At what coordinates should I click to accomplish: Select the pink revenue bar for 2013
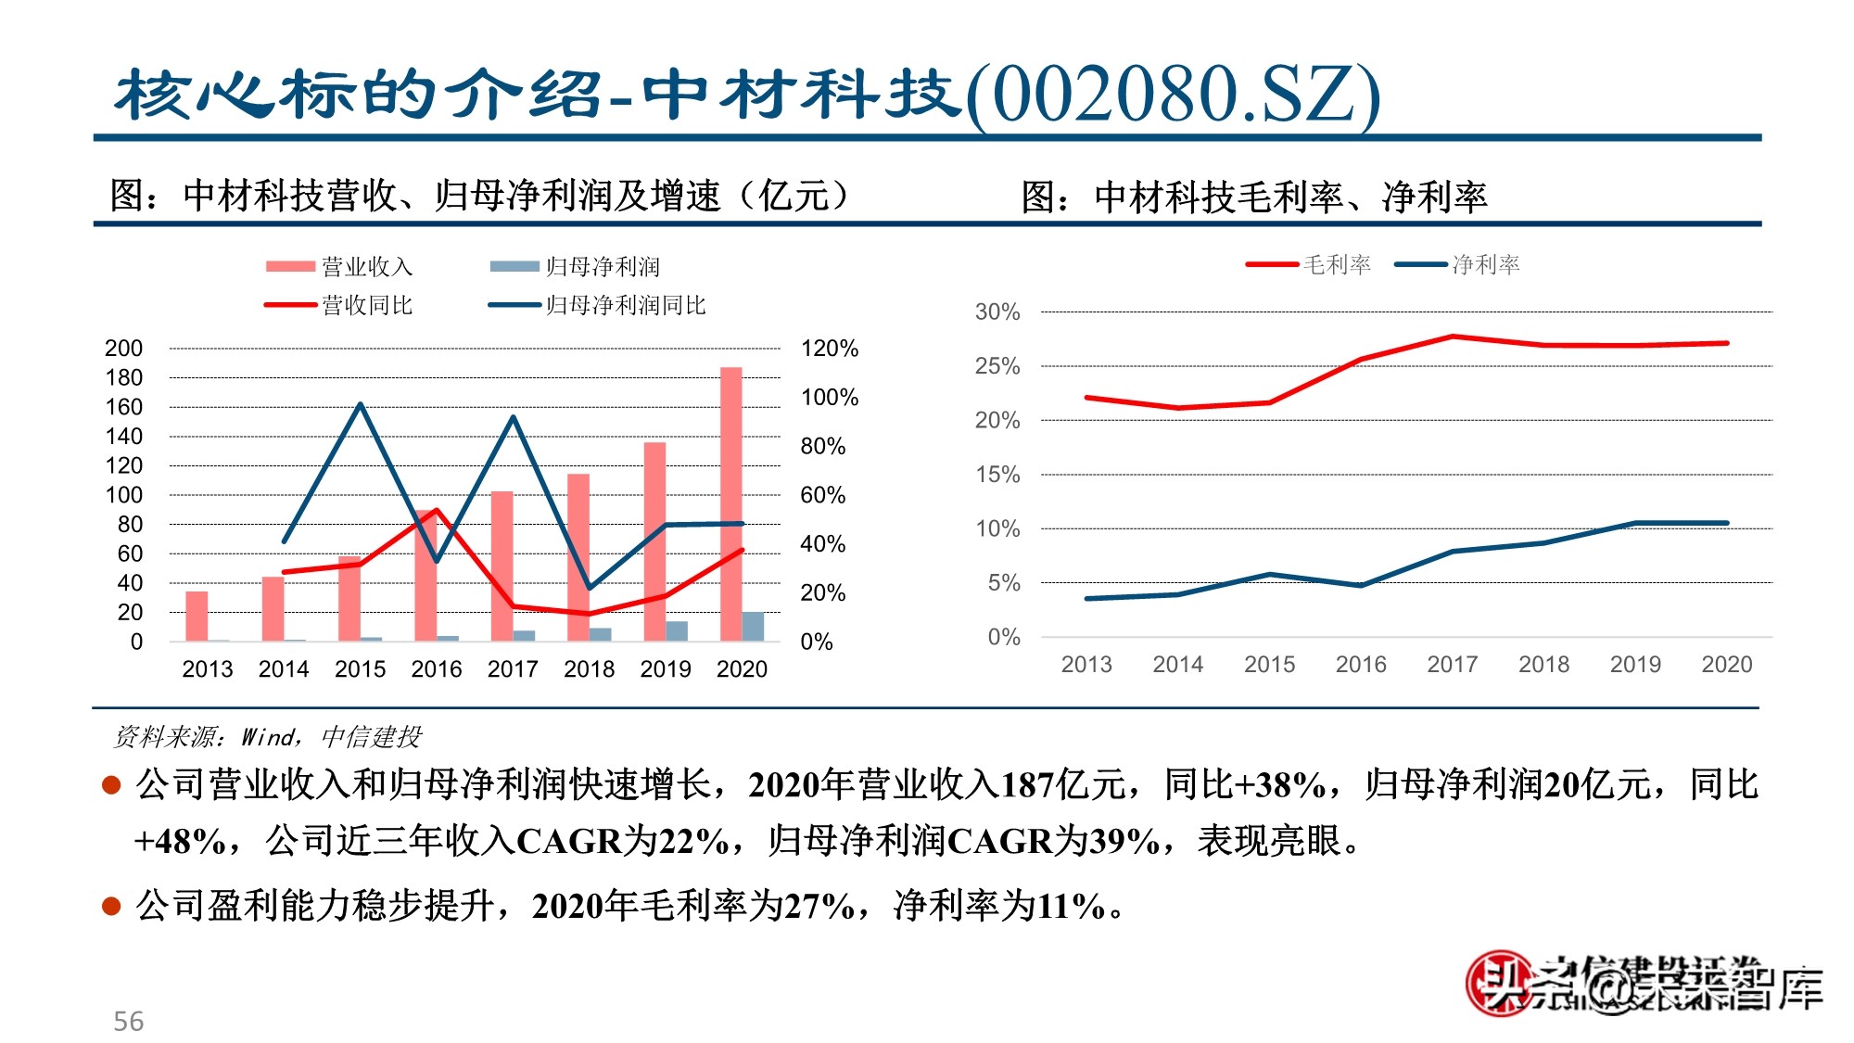(197, 616)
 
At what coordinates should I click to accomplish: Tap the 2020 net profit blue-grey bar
(753, 626)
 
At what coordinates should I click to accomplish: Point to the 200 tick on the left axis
(123, 349)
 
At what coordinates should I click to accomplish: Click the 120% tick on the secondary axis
(829, 349)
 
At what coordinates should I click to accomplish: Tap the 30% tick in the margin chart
(997, 312)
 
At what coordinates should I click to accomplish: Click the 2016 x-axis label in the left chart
(436, 669)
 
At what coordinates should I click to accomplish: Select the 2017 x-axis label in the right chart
(1452, 665)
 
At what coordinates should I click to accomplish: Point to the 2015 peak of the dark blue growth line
(360, 404)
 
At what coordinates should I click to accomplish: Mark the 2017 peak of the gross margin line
(1452, 337)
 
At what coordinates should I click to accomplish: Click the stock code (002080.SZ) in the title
(1173, 95)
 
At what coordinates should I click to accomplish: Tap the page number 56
(128, 1022)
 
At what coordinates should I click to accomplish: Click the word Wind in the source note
(267, 737)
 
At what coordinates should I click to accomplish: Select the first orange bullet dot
(111, 785)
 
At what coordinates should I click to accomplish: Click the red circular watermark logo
(1495, 984)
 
